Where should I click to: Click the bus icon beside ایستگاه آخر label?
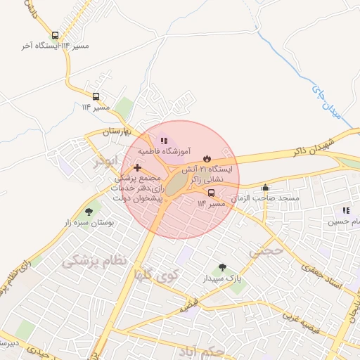(x=56, y=35)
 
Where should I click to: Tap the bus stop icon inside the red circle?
(x=212, y=193)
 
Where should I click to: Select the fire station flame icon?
(x=207, y=158)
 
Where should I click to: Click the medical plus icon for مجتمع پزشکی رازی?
(x=137, y=167)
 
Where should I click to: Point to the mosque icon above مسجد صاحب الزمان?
(x=265, y=188)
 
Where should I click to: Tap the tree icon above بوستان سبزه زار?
(x=89, y=211)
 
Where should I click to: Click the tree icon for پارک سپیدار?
(x=223, y=267)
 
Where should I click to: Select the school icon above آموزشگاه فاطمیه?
(x=164, y=141)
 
